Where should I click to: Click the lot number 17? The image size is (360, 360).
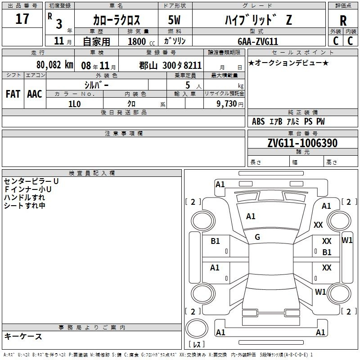point(22,19)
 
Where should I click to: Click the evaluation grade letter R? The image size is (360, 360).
point(343,21)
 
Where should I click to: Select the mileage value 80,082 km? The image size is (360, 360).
point(55,65)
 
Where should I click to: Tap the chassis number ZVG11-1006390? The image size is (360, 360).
point(302,143)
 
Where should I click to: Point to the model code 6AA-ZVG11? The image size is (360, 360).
point(258,41)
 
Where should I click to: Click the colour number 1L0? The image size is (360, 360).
point(75,104)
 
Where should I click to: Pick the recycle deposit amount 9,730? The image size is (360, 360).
point(227,103)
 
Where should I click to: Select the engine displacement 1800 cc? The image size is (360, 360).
point(141,41)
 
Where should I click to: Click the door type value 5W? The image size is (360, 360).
point(174,20)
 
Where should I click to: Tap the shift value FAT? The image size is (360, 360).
point(13,94)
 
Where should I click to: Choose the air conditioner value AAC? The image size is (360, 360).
point(35,94)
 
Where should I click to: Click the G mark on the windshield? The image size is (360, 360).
point(257,237)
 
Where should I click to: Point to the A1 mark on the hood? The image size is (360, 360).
point(251,216)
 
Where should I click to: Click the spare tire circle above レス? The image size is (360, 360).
point(197,328)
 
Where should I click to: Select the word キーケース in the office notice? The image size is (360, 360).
point(23,337)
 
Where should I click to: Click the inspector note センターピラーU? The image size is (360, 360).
point(31,181)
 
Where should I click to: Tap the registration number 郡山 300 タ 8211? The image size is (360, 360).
point(171,65)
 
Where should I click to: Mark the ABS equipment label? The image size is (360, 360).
point(258,121)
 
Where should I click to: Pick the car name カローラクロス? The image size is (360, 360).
point(117,20)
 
